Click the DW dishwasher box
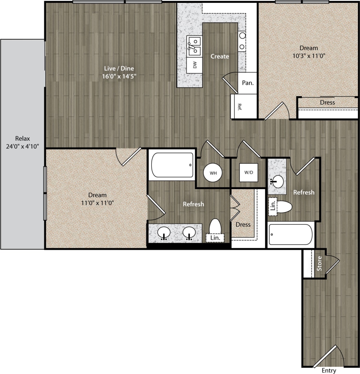[x=195, y=65]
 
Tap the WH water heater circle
[x=213, y=173]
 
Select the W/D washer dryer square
[x=248, y=172]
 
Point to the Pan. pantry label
[x=247, y=83]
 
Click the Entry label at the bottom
[x=328, y=370]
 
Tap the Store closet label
[x=319, y=264]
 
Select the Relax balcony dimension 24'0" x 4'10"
[x=23, y=147]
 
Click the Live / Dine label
[x=119, y=68]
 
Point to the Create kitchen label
[x=220, y=56]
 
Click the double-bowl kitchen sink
[x=194, y=46]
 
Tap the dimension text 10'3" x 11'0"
[x=309, y=56]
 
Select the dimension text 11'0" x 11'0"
[x=97, y=203]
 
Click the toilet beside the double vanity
[x=215, y=227]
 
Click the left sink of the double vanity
[x=164, y=233]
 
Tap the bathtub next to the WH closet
[x=172, y=165]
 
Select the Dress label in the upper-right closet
[x=327, y=102]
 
